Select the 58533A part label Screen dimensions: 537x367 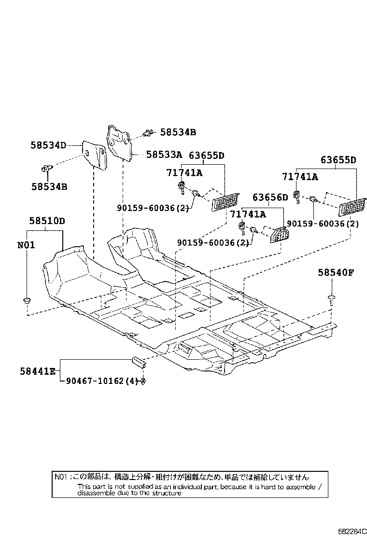pyautogui.click(x=164, y=155)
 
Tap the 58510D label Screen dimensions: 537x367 pyautogui.click(x=47, y=221)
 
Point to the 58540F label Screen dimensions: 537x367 pyautogui.click(x=336, y=272)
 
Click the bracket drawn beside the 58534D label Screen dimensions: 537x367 pyautogui.click(x=95, y=155)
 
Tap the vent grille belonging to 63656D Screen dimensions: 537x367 pyautogui.click(x=280, y=235)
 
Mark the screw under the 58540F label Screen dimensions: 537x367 pyautogui.click(x=331, y=299)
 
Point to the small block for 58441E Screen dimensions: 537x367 pyautogui.click(x=138, y=361)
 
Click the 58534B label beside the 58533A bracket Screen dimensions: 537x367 pyautogui.click(x=178, y=132)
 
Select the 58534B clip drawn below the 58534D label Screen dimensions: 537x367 pyautogui.click(x=46, y=169)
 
